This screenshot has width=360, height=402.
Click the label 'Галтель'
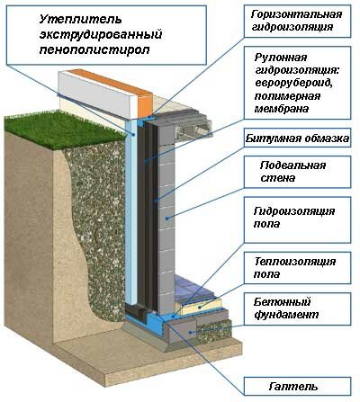(293, 386)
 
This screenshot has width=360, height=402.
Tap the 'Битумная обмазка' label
(297, 138)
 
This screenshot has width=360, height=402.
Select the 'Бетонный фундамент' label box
(297, 308)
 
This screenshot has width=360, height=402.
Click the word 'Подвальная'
(293, 165)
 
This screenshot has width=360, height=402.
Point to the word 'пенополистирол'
(94, 49)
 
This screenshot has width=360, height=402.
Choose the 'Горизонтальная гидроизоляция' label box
(297, 21)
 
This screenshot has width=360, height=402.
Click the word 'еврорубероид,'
(293, 83)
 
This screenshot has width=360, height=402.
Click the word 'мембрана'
(282, 109)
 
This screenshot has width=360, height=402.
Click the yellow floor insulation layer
(202, 306)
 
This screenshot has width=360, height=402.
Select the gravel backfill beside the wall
(97, 228)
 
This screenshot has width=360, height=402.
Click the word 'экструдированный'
(101, 34)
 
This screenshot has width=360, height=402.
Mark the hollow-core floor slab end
(193, 130)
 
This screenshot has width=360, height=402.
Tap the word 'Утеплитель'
(80, 20)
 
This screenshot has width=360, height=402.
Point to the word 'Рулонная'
(281, 58)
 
